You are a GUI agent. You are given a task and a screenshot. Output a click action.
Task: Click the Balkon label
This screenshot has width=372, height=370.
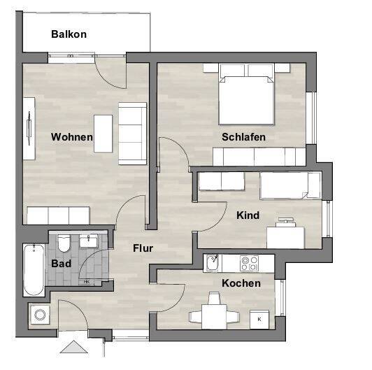[x=69, y=34]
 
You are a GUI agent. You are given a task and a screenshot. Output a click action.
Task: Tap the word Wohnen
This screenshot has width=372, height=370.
[x=72, y=137]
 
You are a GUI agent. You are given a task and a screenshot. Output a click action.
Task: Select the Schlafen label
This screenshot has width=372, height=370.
[x=243, y=137]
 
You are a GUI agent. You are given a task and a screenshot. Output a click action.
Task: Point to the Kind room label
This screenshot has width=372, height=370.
[x=248, y=215]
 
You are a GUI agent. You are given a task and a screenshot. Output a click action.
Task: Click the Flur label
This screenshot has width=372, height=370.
[x=143, y=248]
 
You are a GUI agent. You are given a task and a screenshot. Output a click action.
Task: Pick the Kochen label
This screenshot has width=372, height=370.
[x=241, y=283]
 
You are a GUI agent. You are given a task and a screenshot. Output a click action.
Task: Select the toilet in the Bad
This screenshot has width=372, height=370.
[x=63, y=243]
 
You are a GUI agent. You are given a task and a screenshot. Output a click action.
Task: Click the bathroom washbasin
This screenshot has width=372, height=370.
[x=89, y=242]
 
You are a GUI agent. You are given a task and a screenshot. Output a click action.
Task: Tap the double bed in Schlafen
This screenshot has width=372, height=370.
[x=246, y=98]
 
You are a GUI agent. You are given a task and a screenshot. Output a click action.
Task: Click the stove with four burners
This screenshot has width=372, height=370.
[x=249, y=263]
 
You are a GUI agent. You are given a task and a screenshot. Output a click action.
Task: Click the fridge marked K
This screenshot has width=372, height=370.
[x=259, y=318]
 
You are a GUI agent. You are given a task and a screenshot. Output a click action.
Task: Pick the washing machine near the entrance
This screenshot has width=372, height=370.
[x=39, y=315]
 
